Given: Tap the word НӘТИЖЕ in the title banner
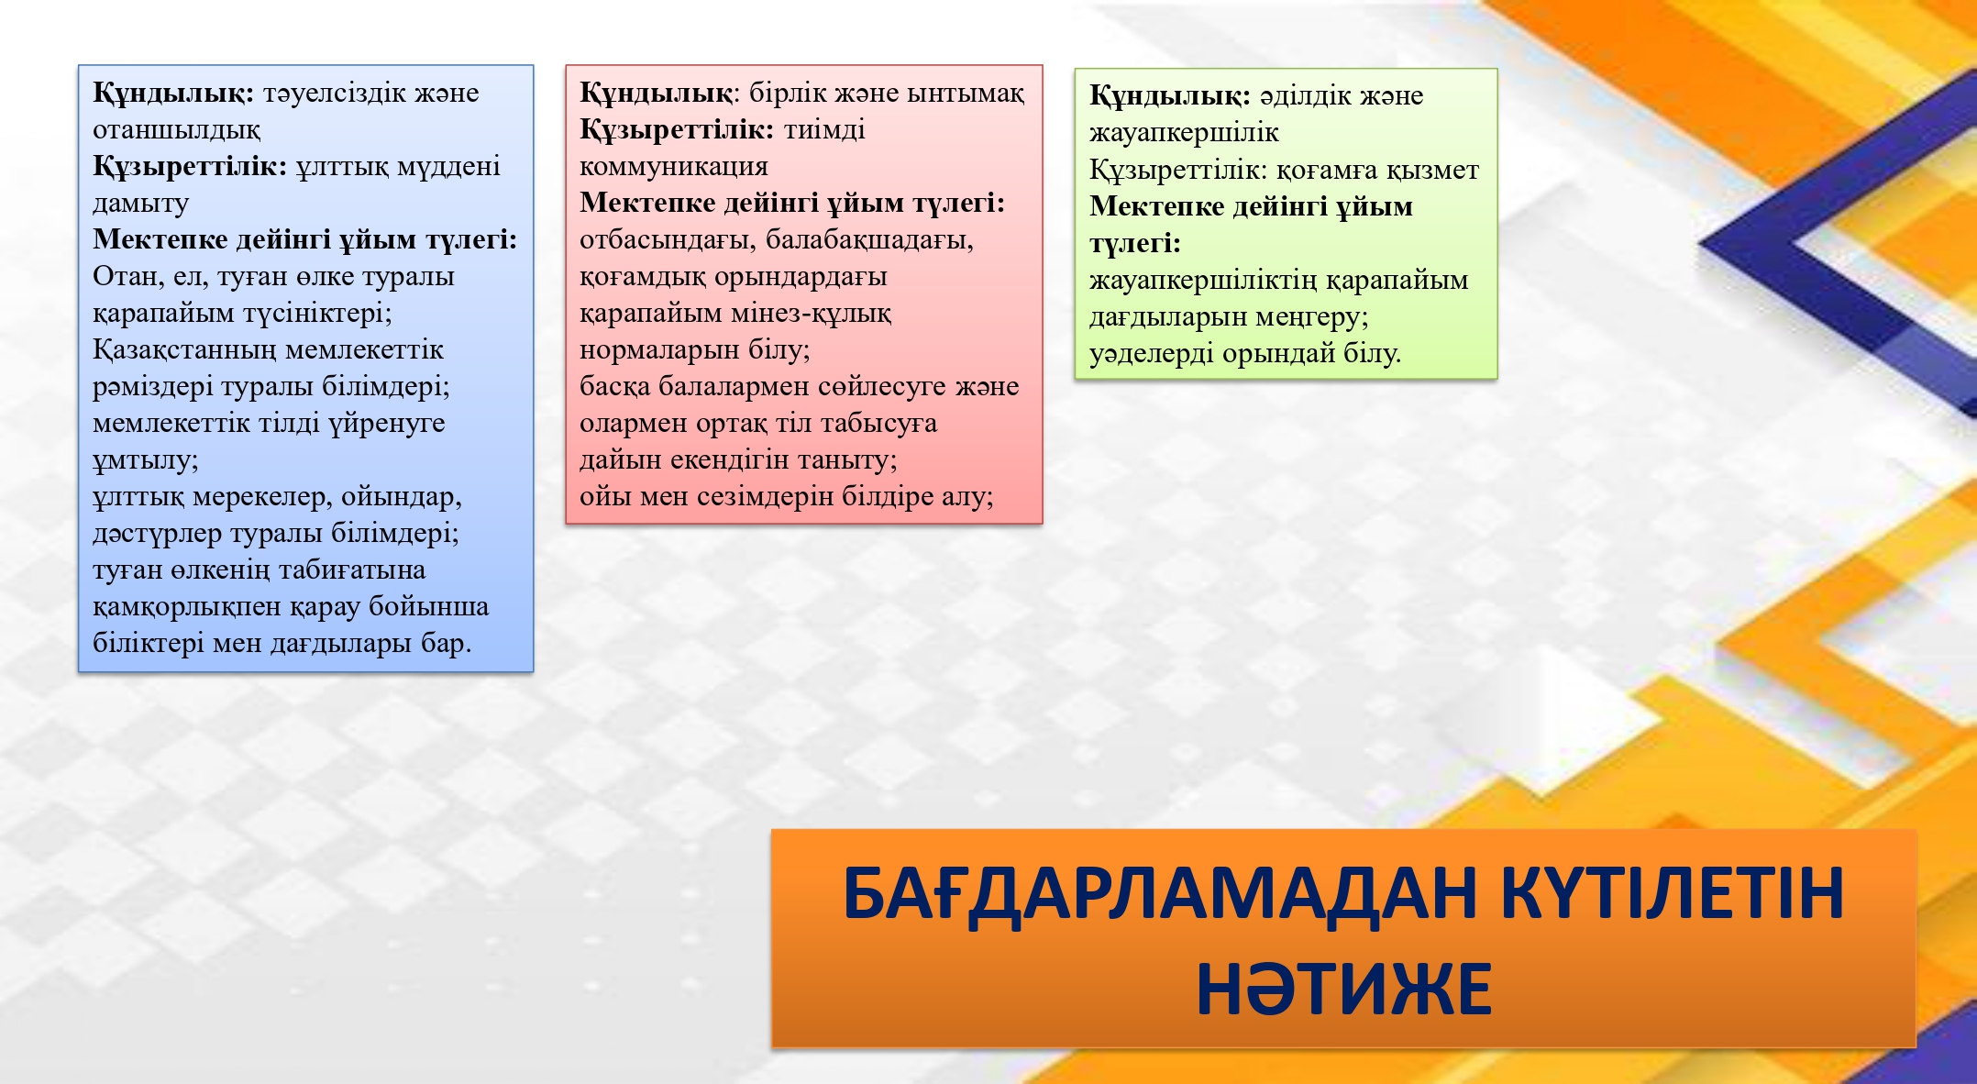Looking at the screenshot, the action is pyautogui.click(x=1344, y=990).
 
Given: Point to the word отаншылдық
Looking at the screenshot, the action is pyautogui.click(x=176, y=130).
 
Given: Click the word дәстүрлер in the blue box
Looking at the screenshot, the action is pyautogui.click(x=157, y=534).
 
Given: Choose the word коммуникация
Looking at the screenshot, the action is pyautogui.click(x=674, y=167).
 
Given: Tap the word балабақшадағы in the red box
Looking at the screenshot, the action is pyautogui.click(x=869, y=240).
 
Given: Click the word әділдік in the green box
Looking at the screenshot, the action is pyautogui.click(x=1306, y=95).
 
